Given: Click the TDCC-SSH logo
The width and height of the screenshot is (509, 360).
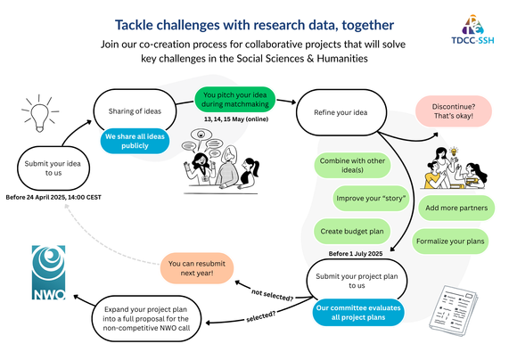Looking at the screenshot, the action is point(472,29).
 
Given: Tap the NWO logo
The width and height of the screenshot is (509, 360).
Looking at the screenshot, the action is point(49,273).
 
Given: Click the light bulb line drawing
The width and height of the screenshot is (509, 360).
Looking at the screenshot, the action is point(40,114).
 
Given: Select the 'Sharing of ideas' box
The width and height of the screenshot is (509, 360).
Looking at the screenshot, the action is point(135,111).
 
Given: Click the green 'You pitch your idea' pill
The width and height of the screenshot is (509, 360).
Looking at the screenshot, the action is point(234,99).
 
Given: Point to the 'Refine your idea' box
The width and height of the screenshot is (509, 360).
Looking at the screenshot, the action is point(341,112).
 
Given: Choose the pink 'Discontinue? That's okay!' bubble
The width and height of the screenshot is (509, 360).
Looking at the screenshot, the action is point(454,111).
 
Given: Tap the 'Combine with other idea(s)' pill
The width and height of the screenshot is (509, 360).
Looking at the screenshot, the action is point(352,165).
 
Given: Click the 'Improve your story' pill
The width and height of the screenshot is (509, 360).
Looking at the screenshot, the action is point(371,198).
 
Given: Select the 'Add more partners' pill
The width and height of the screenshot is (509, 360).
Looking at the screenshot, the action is point(456,208).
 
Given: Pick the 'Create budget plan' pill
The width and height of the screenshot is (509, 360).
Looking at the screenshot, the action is point(352,231).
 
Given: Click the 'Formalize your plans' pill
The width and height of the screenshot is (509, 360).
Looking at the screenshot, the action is point(450,241).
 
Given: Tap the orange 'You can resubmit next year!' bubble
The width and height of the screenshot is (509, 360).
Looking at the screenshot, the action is point(197,268).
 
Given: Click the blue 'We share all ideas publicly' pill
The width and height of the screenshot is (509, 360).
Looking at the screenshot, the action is point(135,141).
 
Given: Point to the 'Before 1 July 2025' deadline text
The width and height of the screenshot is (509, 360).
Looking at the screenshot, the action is point(356,254).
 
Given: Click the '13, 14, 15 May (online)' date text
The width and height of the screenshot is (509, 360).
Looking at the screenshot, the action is point(236,119).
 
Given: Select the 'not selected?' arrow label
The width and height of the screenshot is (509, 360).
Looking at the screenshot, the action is point(273,295).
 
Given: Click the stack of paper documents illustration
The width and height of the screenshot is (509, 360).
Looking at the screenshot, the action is point(454,310).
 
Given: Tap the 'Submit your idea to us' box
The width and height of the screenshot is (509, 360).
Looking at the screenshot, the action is point(53,168).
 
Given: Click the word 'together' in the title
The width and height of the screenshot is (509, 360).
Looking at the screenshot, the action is point(368,25).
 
